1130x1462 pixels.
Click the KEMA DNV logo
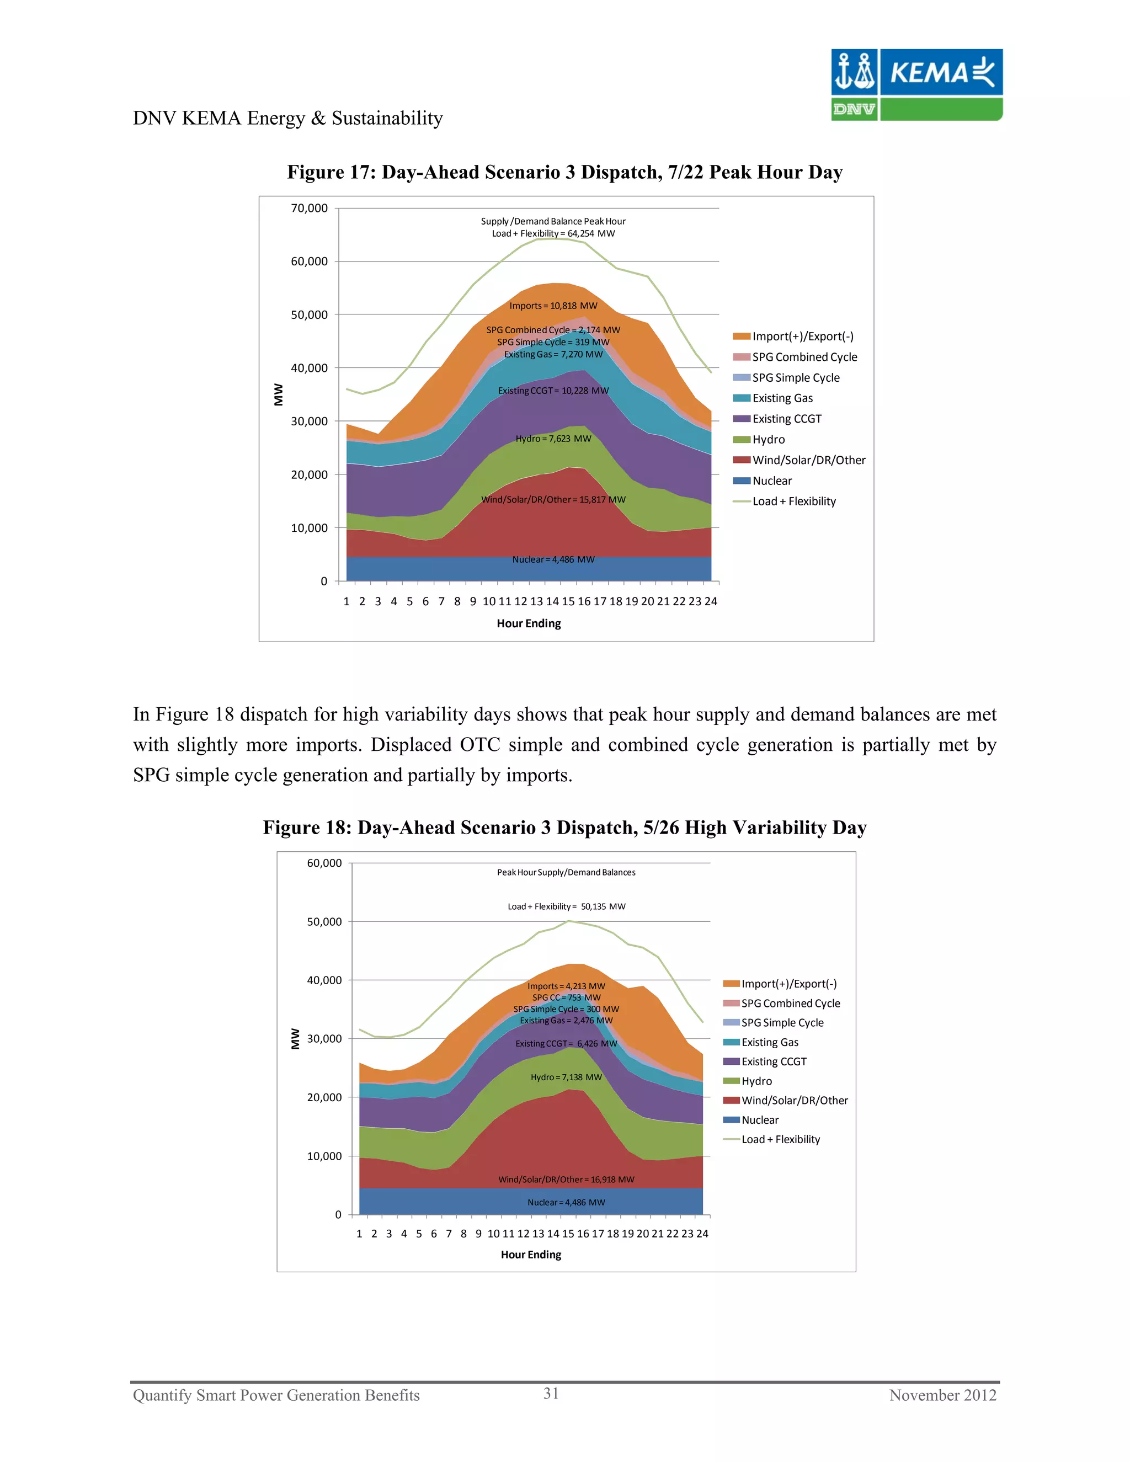pos(916,84)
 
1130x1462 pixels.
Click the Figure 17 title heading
pos(564,172)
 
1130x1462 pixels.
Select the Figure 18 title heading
pos(564,828)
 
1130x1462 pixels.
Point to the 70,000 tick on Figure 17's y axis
pos(310,208)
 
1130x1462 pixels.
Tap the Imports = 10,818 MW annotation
pos(553,306)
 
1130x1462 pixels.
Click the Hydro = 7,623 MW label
pos(553,439)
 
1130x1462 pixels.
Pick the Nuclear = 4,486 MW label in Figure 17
pos(553,559)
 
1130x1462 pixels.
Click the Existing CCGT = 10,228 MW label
pos(553,390)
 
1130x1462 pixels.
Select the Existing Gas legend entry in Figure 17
pos(782,398)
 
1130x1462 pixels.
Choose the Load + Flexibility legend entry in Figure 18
pos(780,1139)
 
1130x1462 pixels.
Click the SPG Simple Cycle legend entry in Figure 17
pos(795,377)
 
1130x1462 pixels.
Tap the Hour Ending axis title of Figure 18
pos(531,1255)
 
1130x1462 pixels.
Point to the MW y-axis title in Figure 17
pos(279,394)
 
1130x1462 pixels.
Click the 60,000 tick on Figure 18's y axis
pos(324,863)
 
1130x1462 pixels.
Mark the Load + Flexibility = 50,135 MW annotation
pos(566,906)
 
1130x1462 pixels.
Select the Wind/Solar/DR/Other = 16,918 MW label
pos(566,1180)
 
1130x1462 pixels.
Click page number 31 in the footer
pos(551,1393)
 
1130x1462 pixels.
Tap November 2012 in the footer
pos(942,1395)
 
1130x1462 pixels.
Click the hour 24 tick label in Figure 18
pos(702,1234)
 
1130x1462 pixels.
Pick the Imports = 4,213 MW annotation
pos(566,986)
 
